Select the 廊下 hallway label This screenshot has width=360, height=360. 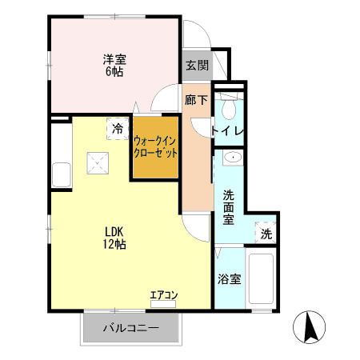click(x=196, y=100)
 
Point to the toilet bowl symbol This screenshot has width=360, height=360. click(x=230, y=108)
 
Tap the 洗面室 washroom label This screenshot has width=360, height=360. click(x=228, y=206)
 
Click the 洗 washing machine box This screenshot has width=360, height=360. click(x=266, y=234)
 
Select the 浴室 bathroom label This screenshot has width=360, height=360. click(x=230, y=279)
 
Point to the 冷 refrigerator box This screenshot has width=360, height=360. click(x=118, y=128)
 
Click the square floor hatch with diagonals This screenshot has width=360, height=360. click(x=99, y=165)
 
